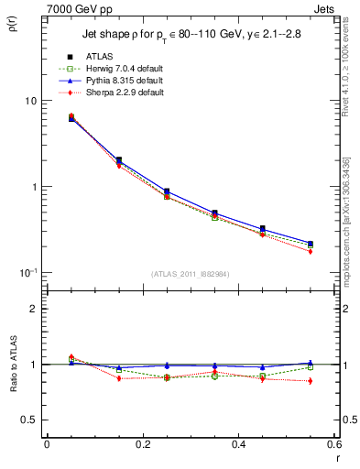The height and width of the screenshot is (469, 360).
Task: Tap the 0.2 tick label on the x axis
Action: tap(142, 444)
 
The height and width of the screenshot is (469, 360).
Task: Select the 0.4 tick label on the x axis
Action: tap(238, 444)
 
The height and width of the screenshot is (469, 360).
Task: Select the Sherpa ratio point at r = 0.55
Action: tap(310, 381)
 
